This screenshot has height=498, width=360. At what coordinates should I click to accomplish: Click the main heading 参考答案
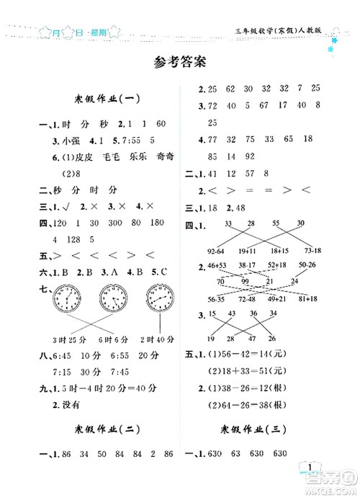tap(180, 61)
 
